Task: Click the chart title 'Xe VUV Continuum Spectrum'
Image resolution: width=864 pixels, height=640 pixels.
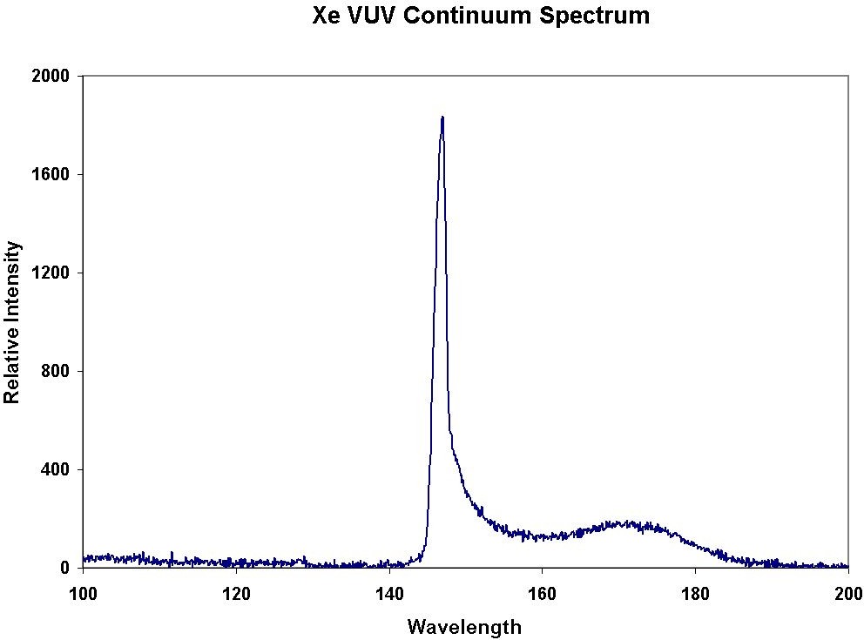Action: (x=481, y=16)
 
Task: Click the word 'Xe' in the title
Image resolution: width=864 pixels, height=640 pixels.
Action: (x=327, y=16)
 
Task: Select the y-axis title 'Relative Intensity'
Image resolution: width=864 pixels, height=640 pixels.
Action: (x=12, y=321)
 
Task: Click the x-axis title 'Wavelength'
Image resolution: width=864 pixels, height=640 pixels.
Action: (x=464, y=626)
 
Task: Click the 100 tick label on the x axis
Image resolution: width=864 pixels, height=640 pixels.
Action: (x=83, y=594)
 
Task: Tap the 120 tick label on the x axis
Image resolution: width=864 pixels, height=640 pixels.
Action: (x=236, y=594)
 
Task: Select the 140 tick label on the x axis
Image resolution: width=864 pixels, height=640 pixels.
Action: (x=389, y=594)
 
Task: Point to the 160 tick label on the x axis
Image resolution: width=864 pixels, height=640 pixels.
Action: (x=542, y=594)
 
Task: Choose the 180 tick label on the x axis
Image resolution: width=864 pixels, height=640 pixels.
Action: (x=695, y=594)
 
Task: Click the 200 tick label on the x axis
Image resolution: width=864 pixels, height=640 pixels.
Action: (x=847, y=594)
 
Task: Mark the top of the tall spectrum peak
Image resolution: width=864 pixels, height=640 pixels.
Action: (x=442, y=118)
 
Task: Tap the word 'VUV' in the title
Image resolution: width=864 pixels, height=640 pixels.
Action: (x=375, y=16)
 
